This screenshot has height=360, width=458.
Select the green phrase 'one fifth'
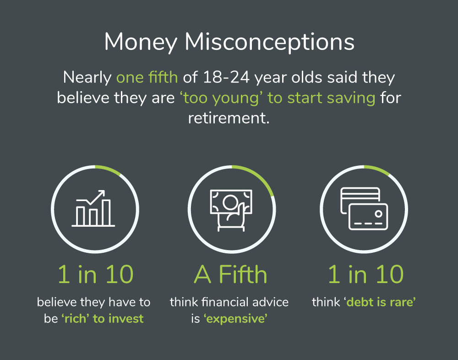click(x=147, y=77)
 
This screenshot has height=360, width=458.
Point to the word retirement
click(x=229, y=118)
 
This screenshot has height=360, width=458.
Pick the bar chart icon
click(x=93, y=208)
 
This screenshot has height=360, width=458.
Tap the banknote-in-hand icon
click(x=231, y=210)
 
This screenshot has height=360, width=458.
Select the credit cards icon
click(x=364, y=208)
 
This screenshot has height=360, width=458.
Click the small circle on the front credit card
click(x=379, y=213)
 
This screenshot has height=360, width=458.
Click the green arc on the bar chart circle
click(x=108, y=169)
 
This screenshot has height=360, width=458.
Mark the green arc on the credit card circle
click(x=377, y=170)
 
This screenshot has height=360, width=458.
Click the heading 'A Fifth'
click(x=230, y=274)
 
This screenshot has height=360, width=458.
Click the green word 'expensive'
click(x=235, y=318)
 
